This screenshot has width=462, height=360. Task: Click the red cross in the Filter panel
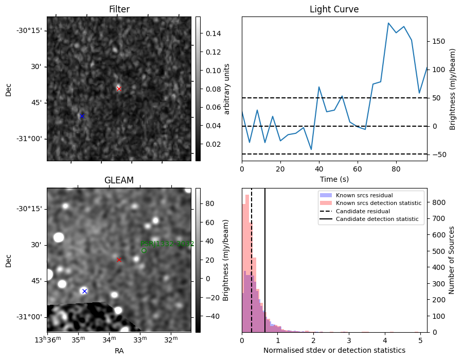click(x=119, y=89)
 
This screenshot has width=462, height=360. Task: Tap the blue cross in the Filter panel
click(x=82, y=116)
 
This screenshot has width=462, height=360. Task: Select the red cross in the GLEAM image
click(x=119, y=260)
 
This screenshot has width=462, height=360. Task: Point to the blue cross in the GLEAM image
click(x=84, y=291)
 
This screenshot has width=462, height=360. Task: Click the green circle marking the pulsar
click(x=144, y=251)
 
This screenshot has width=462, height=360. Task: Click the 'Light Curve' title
click(x=334, y=9)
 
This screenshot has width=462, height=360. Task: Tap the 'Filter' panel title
click(x=119, y=9)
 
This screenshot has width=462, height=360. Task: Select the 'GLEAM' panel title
click(x=119, y=180)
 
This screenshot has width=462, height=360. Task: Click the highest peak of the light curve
click(x=388, y=23)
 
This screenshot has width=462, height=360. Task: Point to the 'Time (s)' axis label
click(x=334, y=178)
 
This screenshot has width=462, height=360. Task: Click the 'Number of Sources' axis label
click(x=452, y=260)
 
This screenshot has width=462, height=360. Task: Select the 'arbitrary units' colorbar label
click(x=227, y=89)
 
